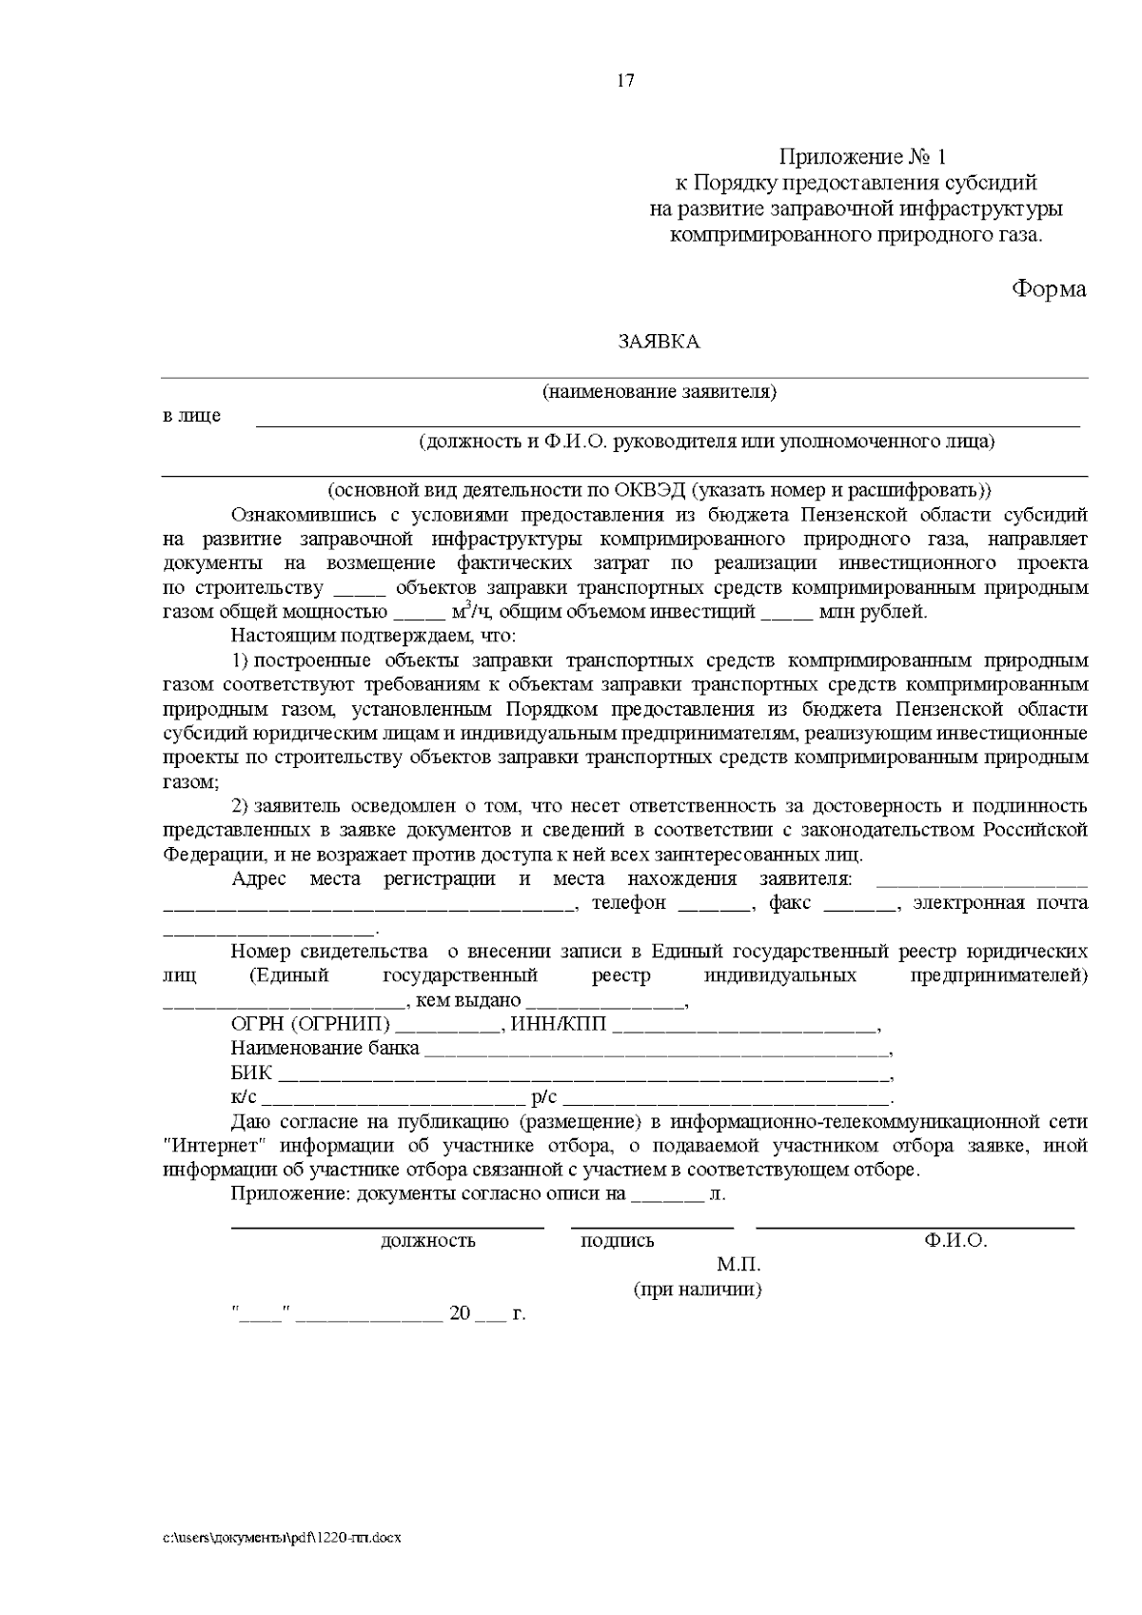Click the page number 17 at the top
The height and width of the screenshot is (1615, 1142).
(625, 81)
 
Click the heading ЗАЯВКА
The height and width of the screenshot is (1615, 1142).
(659, 343)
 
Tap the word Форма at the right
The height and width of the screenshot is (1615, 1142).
(1048, 289)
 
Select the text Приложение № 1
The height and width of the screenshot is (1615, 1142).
(863, 156)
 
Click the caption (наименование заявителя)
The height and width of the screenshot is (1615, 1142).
(660, 392)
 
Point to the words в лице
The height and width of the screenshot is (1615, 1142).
(192, 416)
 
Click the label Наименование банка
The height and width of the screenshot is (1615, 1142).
(325, 1050)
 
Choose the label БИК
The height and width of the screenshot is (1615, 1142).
(251, 1074)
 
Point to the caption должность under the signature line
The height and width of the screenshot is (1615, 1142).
(427, 1241)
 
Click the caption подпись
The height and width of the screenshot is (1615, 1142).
(618, 1241)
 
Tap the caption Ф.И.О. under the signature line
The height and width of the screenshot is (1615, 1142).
(955, 1241)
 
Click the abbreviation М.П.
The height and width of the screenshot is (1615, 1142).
(739, 1266)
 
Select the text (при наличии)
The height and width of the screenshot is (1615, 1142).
(699, 1290)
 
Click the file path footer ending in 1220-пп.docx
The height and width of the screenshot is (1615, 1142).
(282, 1538)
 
